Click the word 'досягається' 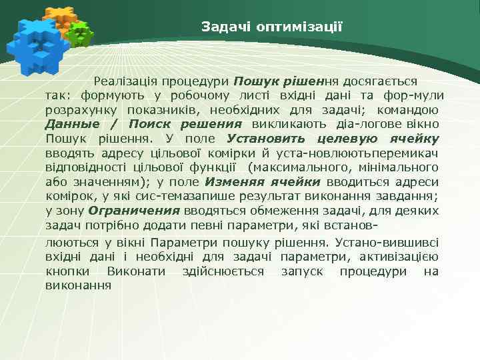click(x=380, y=81)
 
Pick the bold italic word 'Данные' click(x=72, y=124)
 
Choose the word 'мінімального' click(x=403, y=167)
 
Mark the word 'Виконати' click(x=141, y=271)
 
